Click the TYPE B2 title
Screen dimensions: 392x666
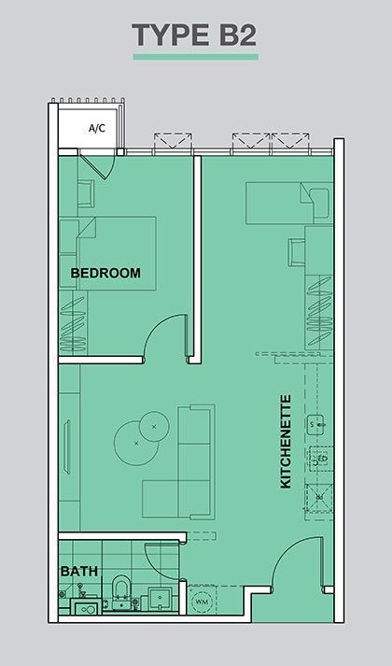coord(194,35)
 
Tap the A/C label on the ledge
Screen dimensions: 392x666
coord(97,128)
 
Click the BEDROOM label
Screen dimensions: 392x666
coord(105,273)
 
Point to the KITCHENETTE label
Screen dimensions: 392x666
coord(286,442)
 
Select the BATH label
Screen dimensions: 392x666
coord(79,572)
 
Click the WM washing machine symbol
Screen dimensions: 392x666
coord(200,602)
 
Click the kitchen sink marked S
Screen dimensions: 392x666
coord(317,424)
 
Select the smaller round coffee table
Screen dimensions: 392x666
coord(154,426)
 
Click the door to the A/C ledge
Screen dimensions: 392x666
coord(96,167)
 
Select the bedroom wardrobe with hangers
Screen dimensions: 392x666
coord(73,324)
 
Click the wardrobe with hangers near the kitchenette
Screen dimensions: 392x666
coord(319,312)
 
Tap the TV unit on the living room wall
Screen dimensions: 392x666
coord(66,446)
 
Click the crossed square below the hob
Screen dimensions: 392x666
coord(319,497)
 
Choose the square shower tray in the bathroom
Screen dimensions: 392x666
coord(160,599)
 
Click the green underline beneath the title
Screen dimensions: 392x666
coord(196,57)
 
